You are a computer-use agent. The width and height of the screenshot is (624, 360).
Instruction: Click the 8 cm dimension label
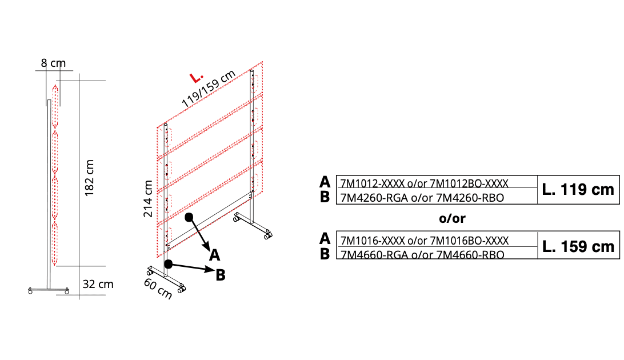coord(53,63)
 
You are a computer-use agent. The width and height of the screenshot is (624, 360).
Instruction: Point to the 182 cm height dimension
coord(90,178)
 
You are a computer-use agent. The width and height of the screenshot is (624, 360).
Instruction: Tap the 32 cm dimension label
coord(98,284)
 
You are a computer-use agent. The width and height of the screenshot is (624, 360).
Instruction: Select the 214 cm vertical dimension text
coord(148,198)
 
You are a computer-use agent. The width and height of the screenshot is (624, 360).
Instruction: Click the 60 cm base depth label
coord(158,289)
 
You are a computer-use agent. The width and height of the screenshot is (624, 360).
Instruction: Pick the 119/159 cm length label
coord(209,89)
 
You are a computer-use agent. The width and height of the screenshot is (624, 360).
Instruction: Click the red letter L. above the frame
coord(196,78)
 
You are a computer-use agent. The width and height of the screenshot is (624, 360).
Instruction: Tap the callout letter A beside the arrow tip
coord(214,255)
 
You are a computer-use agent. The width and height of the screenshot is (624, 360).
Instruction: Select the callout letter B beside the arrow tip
coord(221,275)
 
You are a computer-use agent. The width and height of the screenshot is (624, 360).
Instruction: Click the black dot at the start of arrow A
coord(189,217)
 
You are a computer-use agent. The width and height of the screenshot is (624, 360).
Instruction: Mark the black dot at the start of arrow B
coord(169,264)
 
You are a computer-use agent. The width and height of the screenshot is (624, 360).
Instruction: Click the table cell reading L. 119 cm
coord(578,190)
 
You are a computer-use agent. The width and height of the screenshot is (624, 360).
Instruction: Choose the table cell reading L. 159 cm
coord(578,247)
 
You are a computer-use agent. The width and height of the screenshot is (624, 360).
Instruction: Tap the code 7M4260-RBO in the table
coord(470,198)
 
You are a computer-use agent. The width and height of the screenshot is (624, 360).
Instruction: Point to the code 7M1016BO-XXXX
coord(469,241)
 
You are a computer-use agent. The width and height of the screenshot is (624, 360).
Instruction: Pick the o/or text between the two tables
coord(452,218)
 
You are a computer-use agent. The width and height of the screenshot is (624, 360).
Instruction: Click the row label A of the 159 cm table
coord(325,239)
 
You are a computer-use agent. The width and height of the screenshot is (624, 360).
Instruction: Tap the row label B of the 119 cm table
coord(325,197)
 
